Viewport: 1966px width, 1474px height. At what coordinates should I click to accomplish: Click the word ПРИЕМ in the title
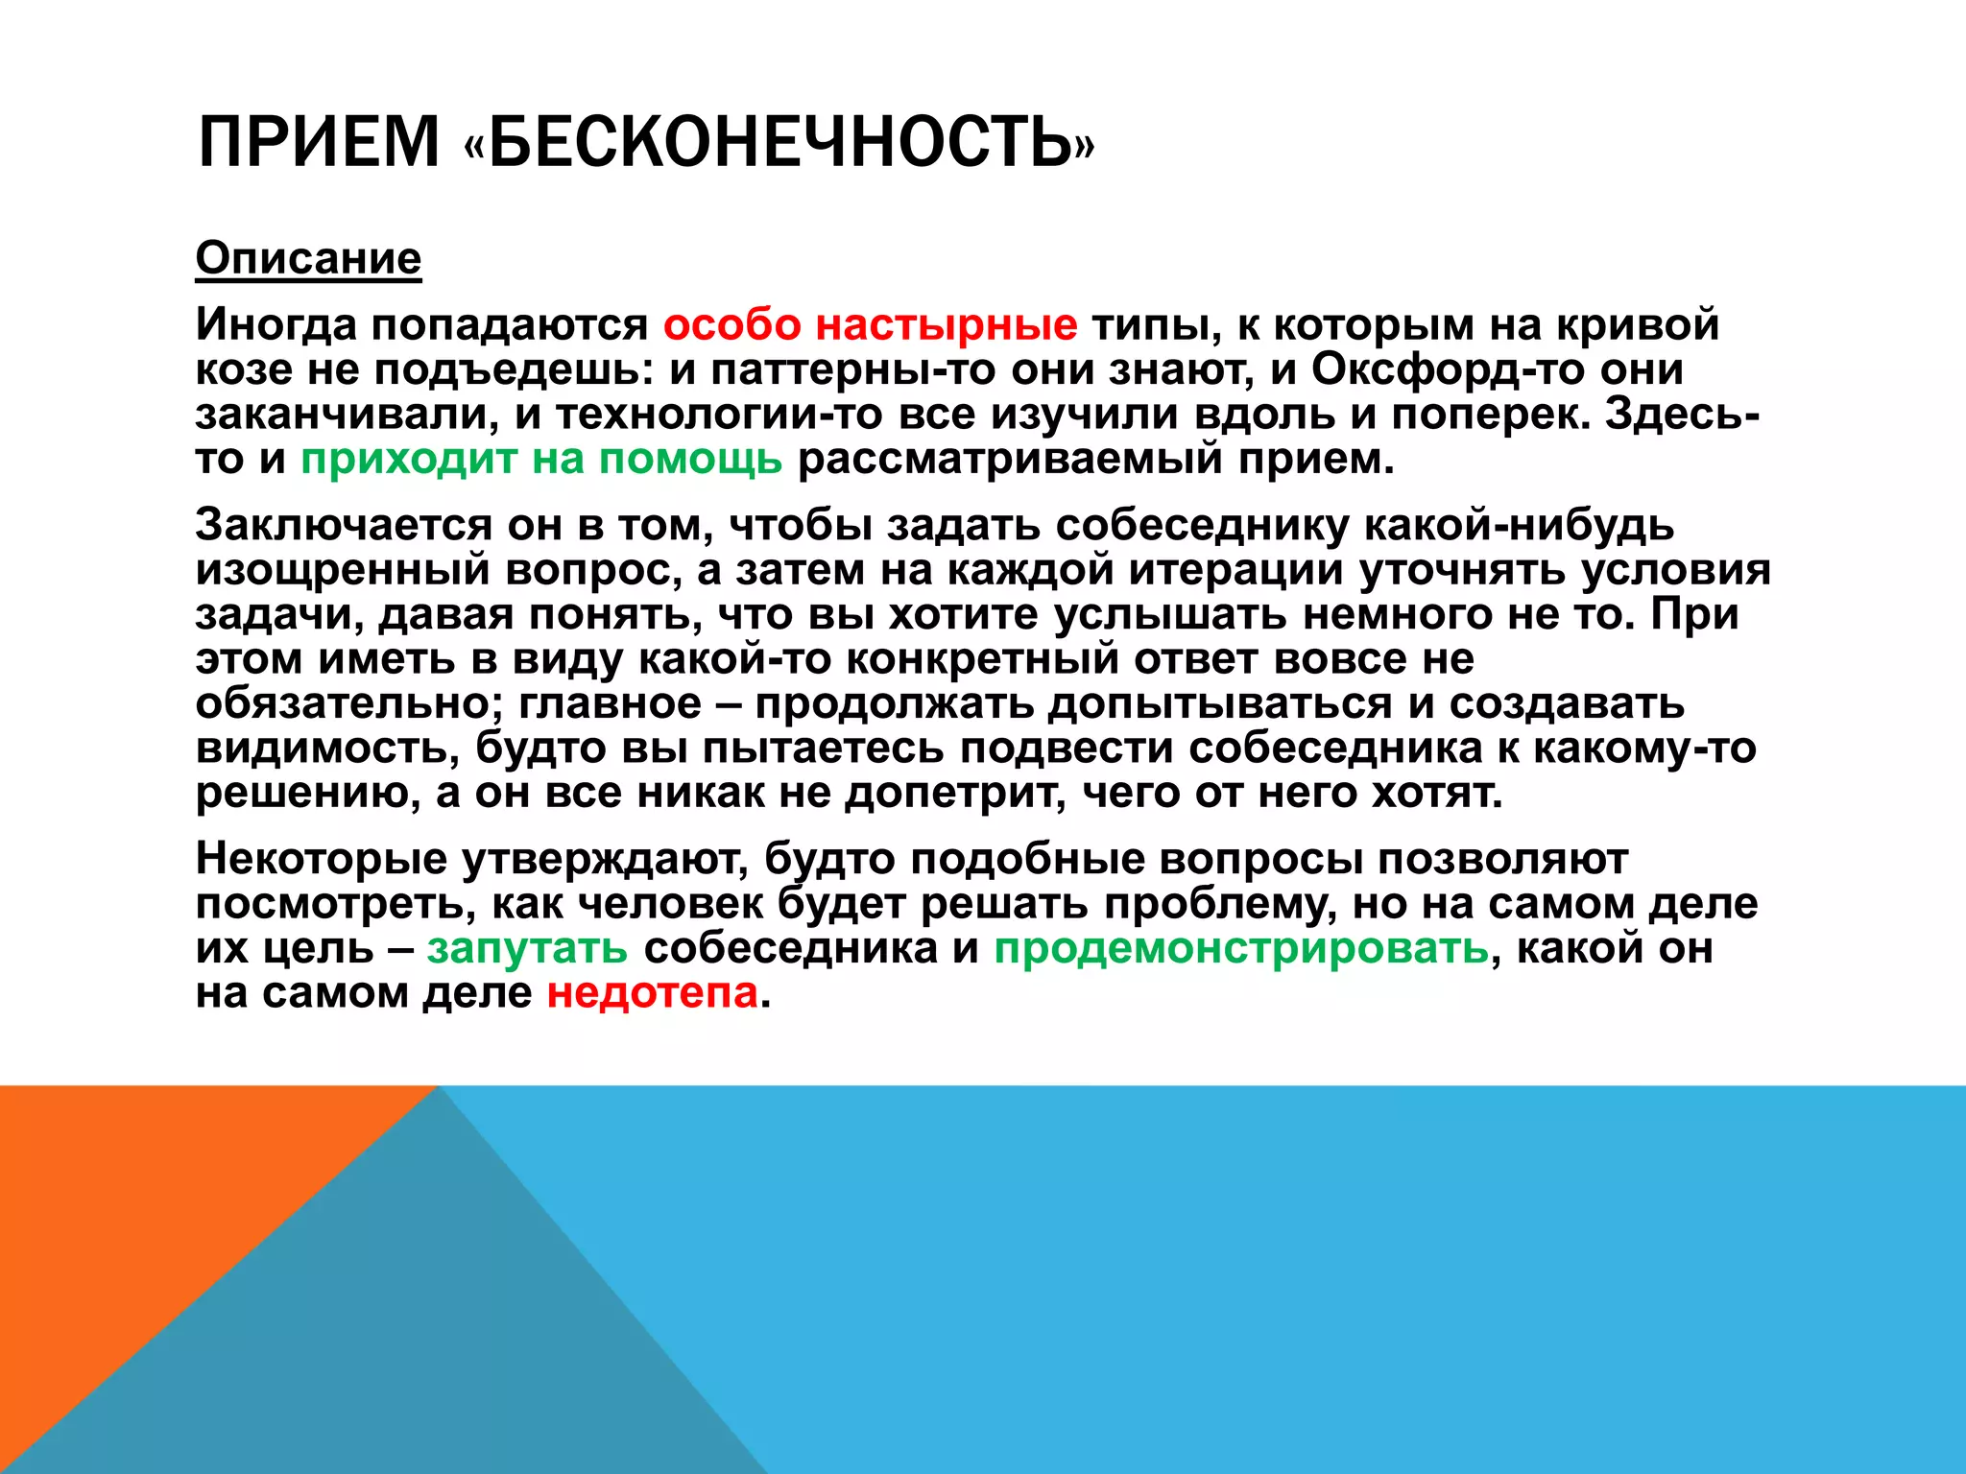(318, 142)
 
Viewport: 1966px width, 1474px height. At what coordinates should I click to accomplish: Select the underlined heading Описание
(308, 258)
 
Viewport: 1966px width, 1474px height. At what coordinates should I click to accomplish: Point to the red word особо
(731, 324)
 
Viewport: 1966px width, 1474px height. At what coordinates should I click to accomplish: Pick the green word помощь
(690, 459)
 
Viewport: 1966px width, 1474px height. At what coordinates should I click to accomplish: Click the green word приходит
(409, 459)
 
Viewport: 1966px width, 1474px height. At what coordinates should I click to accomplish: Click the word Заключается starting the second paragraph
(344, 525)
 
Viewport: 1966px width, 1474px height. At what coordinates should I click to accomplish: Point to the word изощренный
(343, 570)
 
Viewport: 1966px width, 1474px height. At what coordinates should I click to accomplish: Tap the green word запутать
(527, 948)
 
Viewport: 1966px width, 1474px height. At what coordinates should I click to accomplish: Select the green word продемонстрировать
(1240, 948)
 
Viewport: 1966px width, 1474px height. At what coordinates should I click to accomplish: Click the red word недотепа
(652, 992)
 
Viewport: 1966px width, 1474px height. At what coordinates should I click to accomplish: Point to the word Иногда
(276, 324)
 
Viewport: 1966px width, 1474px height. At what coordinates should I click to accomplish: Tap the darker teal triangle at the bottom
(461, 1343)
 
